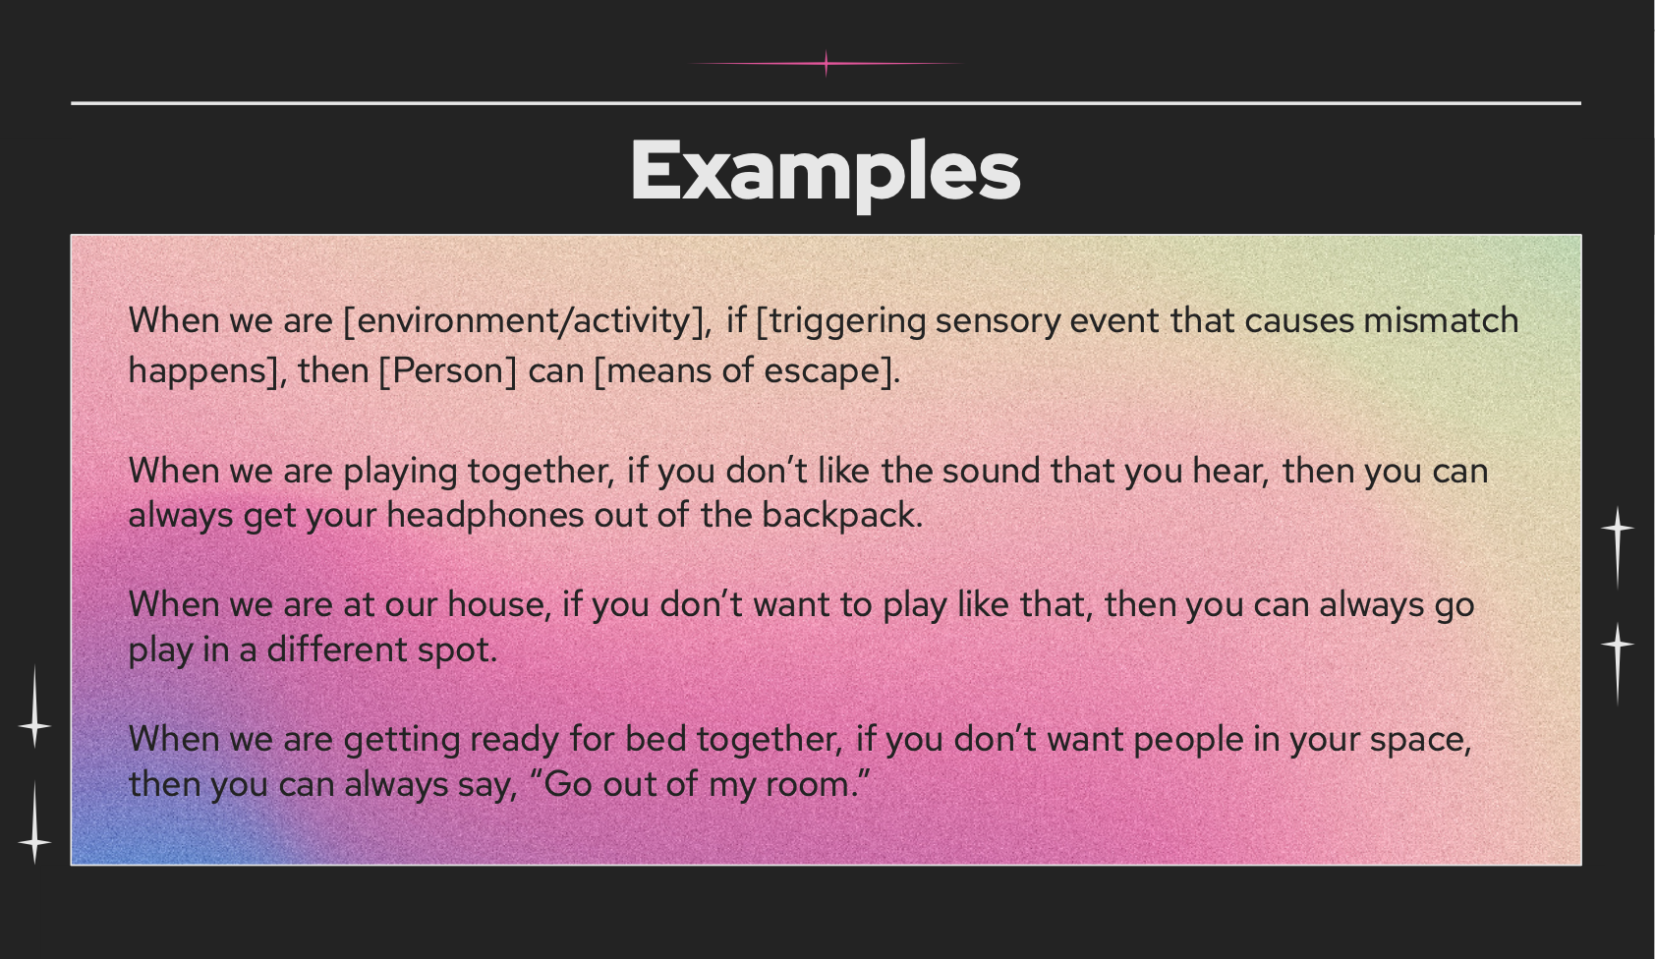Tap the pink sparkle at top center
coord(827,64)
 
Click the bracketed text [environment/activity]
coord(526,321)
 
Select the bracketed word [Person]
coord(447,370)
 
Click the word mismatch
coord(1441,320)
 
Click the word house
coord(498,603)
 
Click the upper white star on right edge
coord(1617,529)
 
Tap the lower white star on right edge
coord(1617,645)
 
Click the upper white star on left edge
coord(35,725)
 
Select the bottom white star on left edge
coord(35,841)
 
